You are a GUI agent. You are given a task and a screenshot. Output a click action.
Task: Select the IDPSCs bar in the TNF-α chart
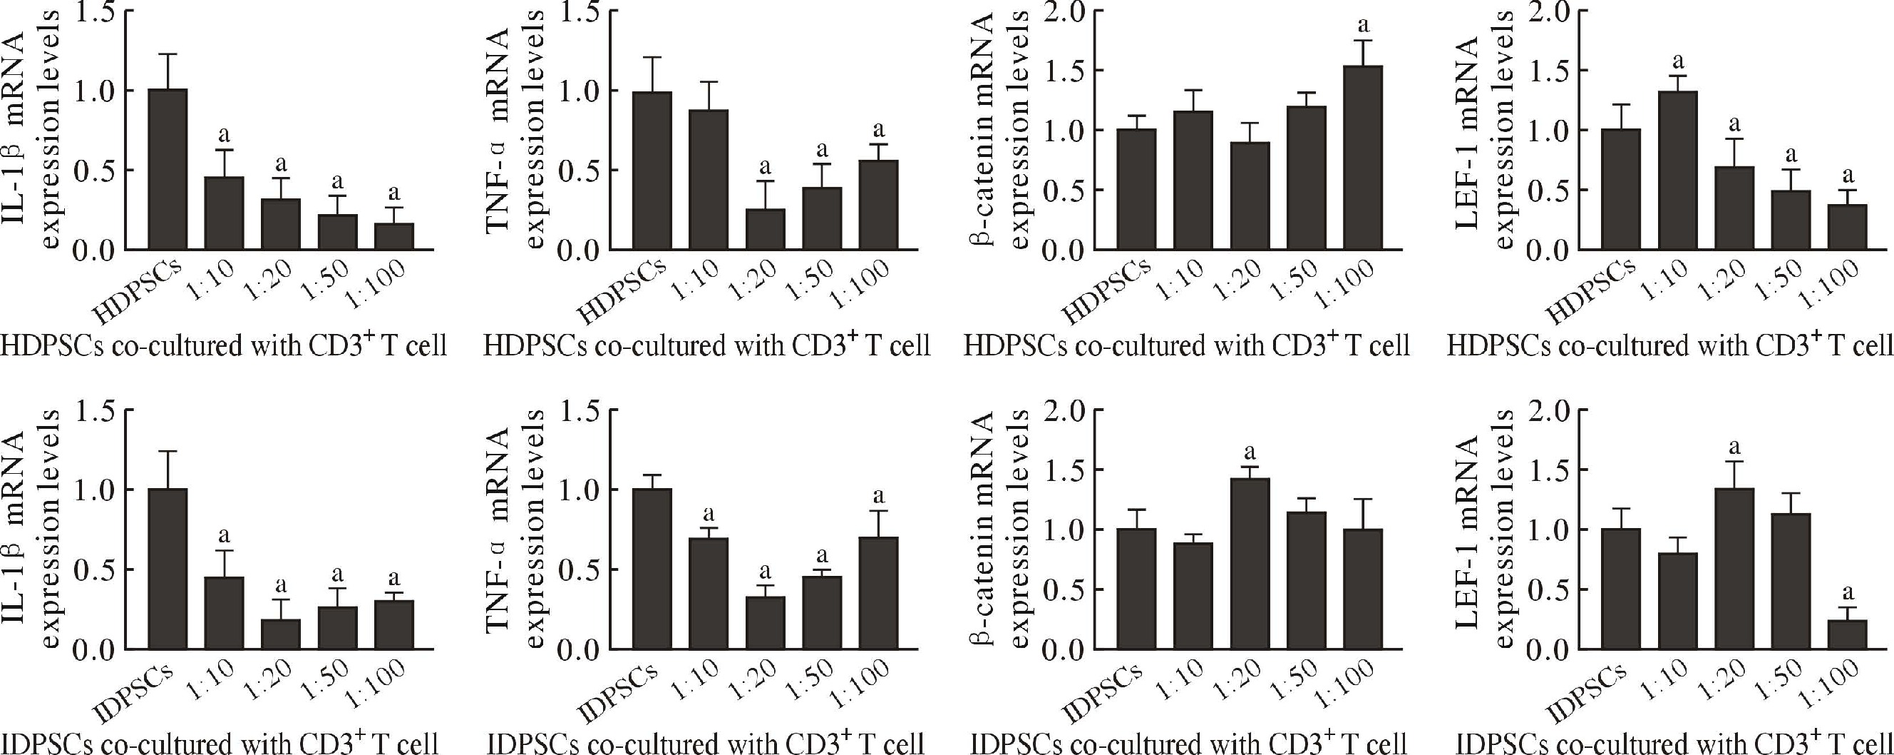coord(652,568)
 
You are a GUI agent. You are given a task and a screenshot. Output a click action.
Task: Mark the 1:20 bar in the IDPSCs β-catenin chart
coord(1249,564)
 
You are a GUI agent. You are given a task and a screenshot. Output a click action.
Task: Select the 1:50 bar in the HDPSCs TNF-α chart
coord(821,218)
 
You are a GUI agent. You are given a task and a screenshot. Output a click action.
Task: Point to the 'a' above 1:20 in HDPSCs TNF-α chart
coord(766,165)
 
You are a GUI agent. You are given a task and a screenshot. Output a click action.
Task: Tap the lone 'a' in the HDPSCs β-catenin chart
coord(1362,26)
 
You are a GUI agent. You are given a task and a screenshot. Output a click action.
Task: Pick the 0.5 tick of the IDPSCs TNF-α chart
coord(581,569)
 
